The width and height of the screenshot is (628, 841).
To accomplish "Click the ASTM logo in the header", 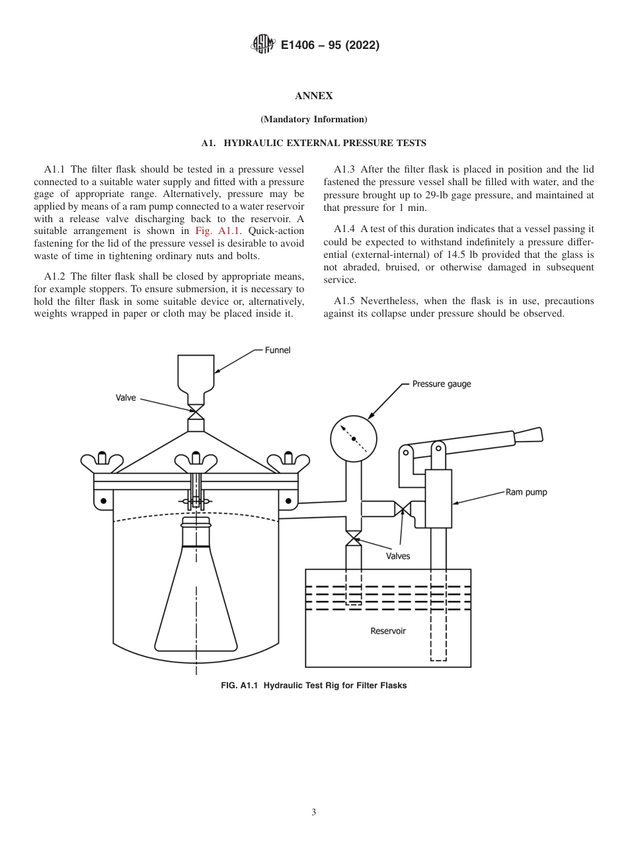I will pyautogui.click(x=262, y=45).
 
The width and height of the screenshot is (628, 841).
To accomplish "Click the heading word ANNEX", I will pyautogui.click(x=313, y=96).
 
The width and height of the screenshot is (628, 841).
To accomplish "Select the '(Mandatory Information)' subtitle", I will pyautogui.click(x=313, y=120).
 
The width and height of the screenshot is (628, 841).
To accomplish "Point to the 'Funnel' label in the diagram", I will pyautogui.click(x=277, y=350).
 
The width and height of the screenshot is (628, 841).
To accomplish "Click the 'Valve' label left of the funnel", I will pyautogui.click(x=126, y=398).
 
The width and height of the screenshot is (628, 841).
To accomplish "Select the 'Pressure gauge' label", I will pyautogui.click(x=441, y=383).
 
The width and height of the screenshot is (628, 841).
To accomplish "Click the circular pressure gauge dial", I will pyautogui.click(x=354, y=438).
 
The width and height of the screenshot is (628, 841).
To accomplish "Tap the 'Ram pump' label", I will pyautogui.click(x=526, y=492).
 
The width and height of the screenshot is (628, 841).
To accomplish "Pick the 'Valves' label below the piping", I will pyautogui.click(x=398, y=556).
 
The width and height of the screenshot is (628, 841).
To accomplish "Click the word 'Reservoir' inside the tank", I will pyautogui.click(x=388, y=631).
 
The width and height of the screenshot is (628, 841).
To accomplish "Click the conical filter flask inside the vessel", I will pyautogui.click(x=196, y=595).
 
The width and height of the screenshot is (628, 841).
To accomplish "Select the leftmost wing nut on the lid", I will pyautogui.click(x=102, y=461).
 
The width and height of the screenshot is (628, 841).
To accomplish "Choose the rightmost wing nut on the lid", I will pyautogui.click(x=288, y=461).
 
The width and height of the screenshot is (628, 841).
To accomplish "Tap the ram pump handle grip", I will pyautogui.click(x=528, y=435).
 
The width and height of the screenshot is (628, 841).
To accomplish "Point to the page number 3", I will pyautogui.click(x=313, y=813).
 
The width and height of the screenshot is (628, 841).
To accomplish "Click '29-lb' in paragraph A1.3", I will pyautogui.click(x=430, y=196).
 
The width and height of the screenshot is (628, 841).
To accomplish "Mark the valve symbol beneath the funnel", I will pyautogui.click(x=196, y=411).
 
